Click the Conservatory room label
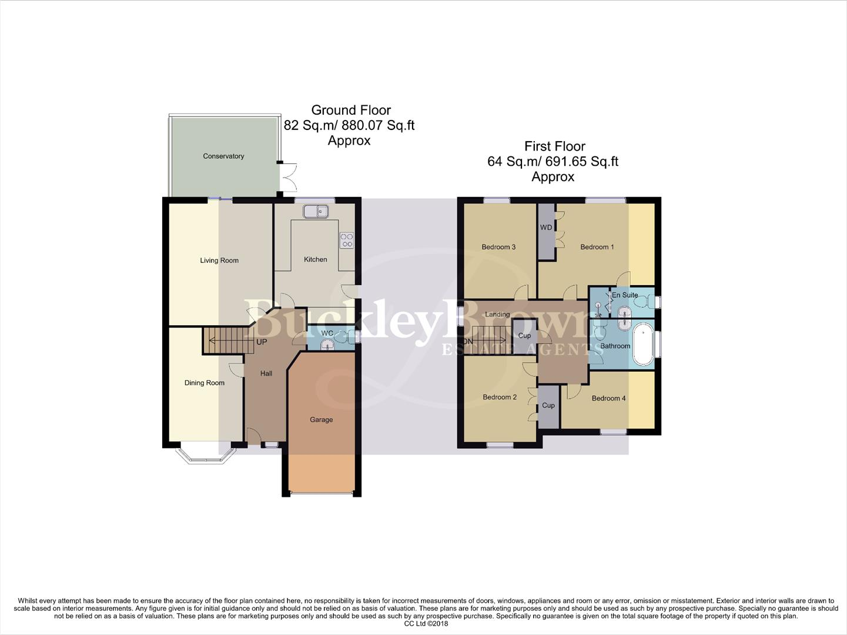coord(223,156)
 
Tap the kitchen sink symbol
coord(316,210)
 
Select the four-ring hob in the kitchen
coord(347,240)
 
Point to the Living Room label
coord(219,260)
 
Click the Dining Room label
coord(205,383)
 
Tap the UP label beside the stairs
coord(262,342)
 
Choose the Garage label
coord(322,420)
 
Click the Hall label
coord(266,373)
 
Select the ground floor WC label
coord(327,333)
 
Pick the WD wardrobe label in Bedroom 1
coord(546,228)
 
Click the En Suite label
coord(625,295)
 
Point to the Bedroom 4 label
coord(608,399)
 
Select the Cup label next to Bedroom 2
coord(548,406)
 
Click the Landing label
coord(497,315)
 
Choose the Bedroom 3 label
coord(498,247)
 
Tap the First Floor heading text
coord(555,146)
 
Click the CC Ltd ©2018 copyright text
coord(426,624)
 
